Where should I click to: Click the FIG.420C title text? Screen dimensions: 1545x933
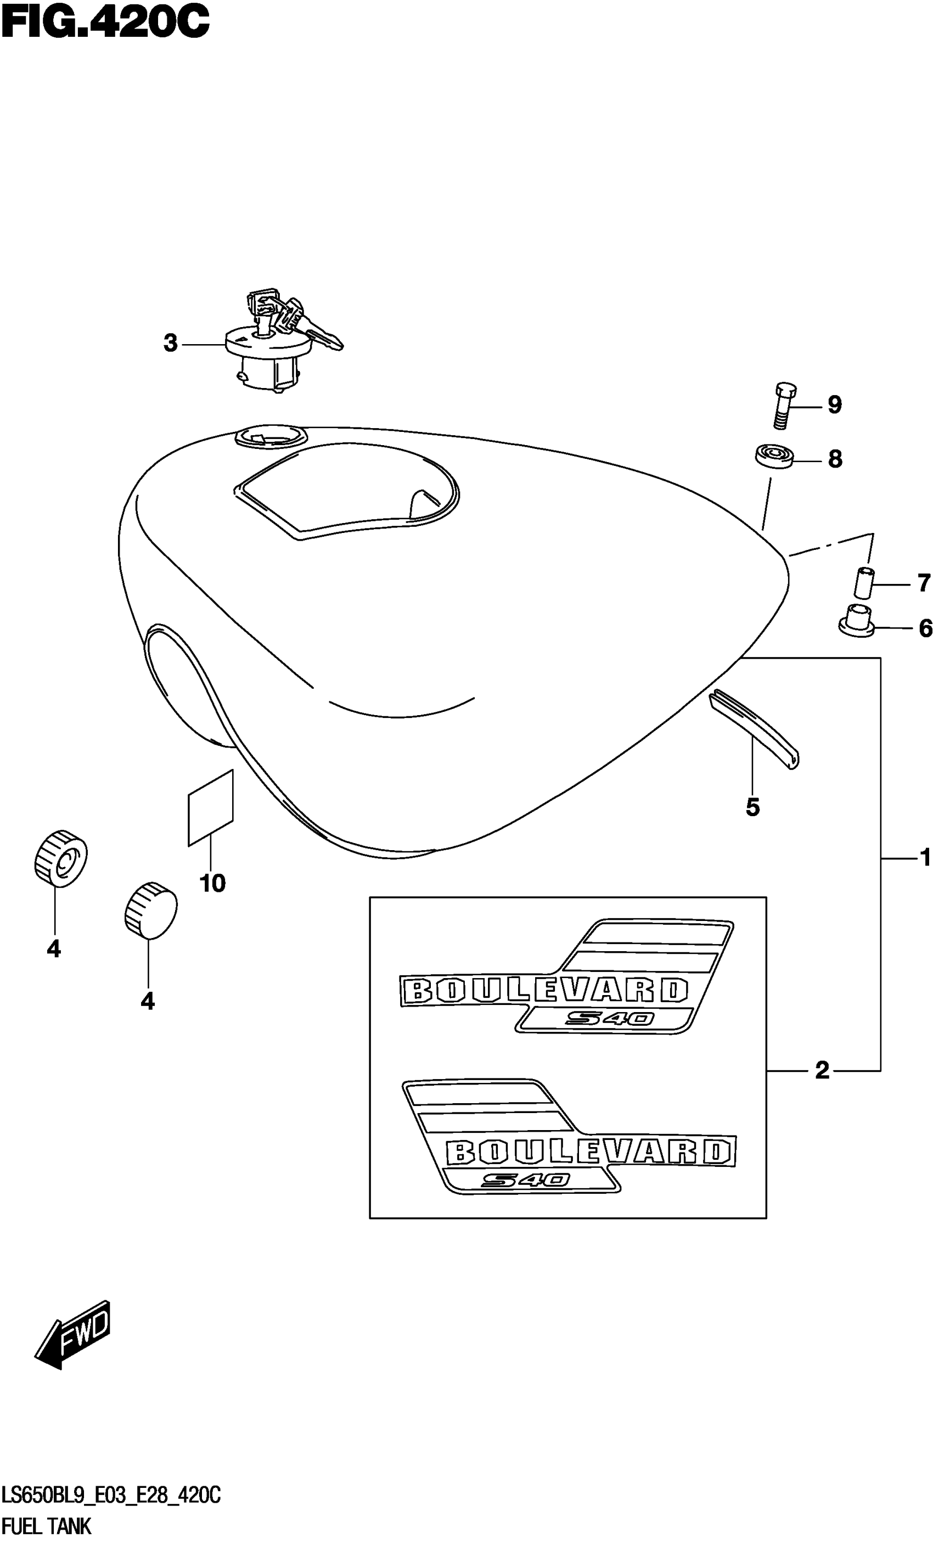(x=105, y=23)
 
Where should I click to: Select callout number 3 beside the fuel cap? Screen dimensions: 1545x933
(x=171, y=344)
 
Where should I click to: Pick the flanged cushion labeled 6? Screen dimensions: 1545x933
(x=857, y=621)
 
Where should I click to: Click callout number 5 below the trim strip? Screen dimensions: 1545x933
(x=752, y=807)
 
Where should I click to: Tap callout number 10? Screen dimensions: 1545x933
(x=212, y=884)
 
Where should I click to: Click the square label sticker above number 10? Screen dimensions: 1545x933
(x=211, y=807)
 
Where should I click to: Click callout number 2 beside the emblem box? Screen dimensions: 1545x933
(x=822, y=1070)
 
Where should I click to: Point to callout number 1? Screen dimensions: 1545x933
(x=925, y=858)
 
